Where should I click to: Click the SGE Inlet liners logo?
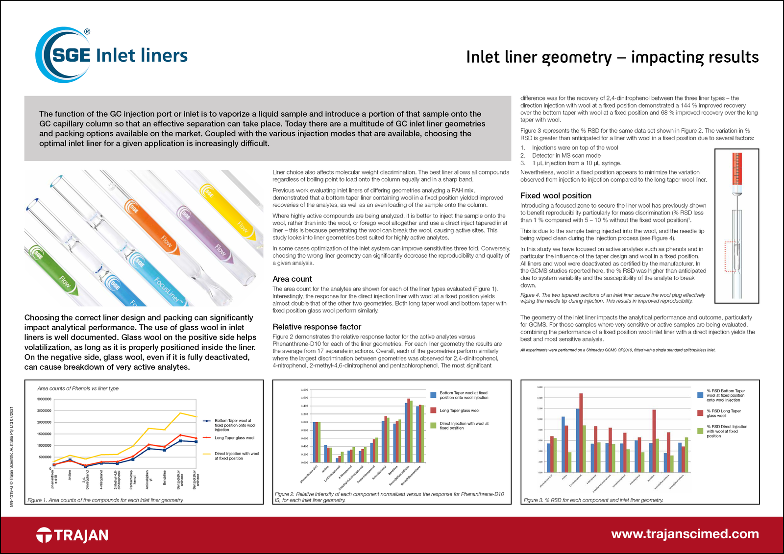click(112, 55)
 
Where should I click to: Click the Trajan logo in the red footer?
click(73, 535)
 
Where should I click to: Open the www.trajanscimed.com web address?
click(685, 534)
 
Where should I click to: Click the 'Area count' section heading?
click(292, 279)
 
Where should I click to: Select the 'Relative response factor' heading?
click(317, 327)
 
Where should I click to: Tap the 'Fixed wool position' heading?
click(556, 195)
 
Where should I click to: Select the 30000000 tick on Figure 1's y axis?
click(44, 399)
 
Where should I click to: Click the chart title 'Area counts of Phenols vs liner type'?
click(78, 388)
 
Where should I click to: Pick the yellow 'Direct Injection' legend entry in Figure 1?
click(236, 456)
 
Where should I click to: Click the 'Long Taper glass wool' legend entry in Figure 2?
click(459, 410)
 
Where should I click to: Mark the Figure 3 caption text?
click(593, 500)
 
